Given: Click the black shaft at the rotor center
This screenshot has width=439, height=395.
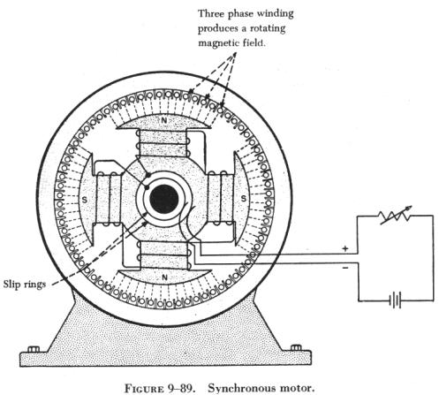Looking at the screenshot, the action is point(164,200).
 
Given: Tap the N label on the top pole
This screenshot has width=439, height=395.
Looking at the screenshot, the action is point(164,120).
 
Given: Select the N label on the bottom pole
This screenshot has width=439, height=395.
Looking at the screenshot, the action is point(164,277).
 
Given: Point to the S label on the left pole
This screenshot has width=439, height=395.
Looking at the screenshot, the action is point(85,200).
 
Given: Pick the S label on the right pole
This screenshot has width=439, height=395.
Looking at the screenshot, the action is point(244,198).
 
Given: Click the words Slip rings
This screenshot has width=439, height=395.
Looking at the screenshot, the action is point(25,285).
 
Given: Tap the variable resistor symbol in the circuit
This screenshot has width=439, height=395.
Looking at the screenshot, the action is point(396,216).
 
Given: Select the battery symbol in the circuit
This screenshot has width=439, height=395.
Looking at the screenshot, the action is point(395,300).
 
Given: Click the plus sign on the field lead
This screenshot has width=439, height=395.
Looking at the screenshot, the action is point(345,248).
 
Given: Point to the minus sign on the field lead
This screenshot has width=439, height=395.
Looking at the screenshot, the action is point(345,268).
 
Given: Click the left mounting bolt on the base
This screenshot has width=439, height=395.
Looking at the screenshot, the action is point(34,349).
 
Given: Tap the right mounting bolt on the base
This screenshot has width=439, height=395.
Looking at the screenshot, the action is point(296,347).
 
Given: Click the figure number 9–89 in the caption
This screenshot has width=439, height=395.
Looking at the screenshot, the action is point(180,388).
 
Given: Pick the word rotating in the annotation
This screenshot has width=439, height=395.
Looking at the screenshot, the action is point(268,29).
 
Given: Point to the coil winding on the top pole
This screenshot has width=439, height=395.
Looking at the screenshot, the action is point(163,144).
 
